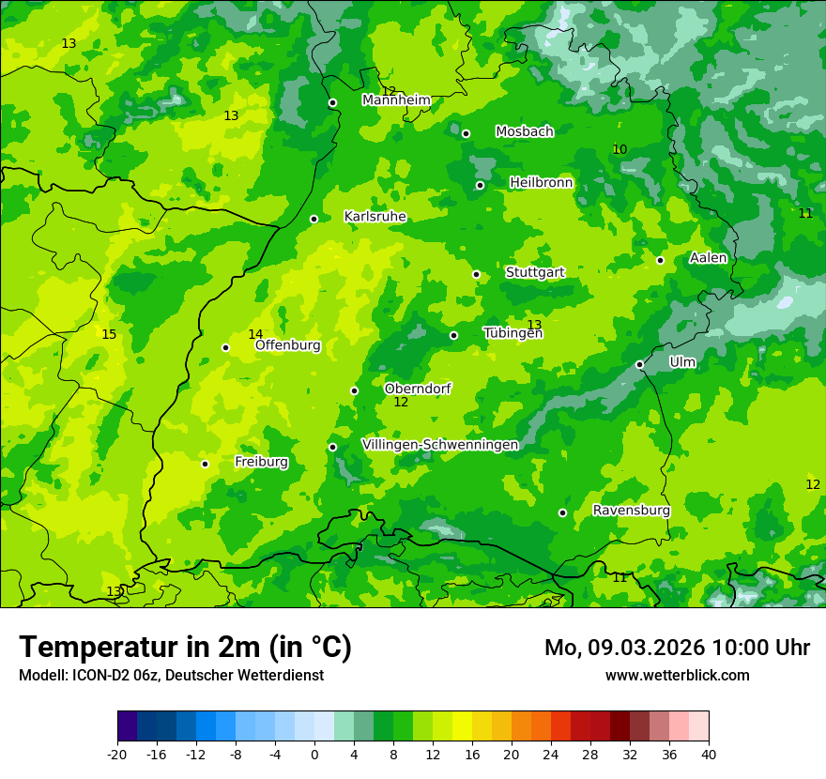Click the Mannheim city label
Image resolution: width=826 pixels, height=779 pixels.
(396, 100)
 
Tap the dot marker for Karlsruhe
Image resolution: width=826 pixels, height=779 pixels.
(314, 219)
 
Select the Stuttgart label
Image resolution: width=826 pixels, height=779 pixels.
(535, 273)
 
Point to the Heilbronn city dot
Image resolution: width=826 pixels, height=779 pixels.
(480, 185)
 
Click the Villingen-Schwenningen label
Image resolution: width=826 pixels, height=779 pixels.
(439, 445)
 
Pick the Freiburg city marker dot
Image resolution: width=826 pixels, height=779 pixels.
(205, 464)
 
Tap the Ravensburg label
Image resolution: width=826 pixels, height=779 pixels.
(631, 511)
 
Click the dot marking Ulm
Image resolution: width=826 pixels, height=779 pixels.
(639, 364)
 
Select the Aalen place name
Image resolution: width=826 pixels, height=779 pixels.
(708, 258)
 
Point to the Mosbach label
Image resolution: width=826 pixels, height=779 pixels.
(524, 132)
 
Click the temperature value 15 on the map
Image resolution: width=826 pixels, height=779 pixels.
(109, 335)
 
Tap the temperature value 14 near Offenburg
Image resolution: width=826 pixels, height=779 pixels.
(255, 335)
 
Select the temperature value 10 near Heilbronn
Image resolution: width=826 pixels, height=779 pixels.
(619, 150)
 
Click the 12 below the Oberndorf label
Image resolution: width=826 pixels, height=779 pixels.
(401, 403)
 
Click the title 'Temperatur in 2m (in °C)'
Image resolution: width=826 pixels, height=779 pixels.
(185, 647)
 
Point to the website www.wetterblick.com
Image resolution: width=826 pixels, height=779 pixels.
(677, 675)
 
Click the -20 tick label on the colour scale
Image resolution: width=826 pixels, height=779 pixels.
(116, 755)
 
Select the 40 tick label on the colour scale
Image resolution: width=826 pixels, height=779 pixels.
(708, 755)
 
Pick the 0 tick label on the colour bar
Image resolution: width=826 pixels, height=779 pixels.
(314, 755)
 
